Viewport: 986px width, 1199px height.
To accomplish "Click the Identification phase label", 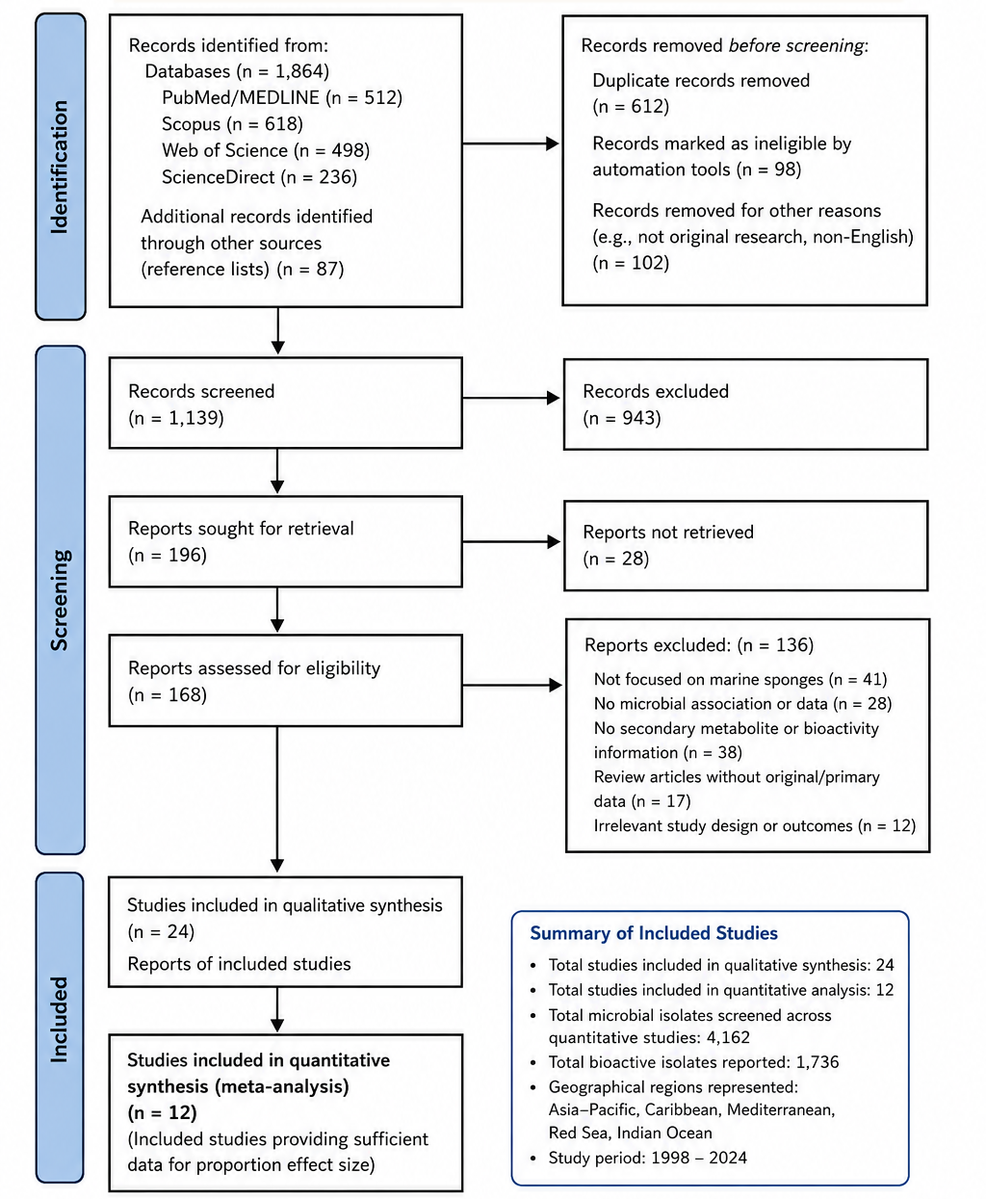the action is [60, 168].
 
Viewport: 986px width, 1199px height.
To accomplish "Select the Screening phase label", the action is [60, 599].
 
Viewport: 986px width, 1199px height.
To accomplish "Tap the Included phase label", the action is [59, 1019].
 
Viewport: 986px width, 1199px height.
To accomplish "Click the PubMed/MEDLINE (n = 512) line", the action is [282, 98].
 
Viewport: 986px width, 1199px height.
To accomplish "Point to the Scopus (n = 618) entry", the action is [232, 124].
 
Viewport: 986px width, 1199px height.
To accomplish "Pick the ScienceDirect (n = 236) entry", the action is [259, 177].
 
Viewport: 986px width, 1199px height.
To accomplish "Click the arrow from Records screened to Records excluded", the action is [511, 398].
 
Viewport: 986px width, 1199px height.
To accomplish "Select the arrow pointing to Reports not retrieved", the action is [511, 542].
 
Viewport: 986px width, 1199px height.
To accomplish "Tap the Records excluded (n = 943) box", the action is [745, 404].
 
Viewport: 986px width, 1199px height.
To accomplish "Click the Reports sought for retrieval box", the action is [285, 541].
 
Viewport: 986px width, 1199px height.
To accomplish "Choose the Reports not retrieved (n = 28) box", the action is [746, 546].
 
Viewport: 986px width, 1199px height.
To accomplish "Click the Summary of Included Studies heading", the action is [654, 933].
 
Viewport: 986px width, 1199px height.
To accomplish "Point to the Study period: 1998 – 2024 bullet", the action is [647, 1158].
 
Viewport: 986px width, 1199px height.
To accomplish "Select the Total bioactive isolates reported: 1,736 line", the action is [693, 1062].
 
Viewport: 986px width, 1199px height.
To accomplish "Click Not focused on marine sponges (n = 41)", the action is [739, 679].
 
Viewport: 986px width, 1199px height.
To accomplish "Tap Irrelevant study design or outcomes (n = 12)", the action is [755, 825].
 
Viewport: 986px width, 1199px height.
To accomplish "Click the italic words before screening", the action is [796, 45].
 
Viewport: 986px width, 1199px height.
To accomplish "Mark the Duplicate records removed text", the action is [701, 81].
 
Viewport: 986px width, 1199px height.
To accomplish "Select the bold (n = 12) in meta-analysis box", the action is [162, 1112].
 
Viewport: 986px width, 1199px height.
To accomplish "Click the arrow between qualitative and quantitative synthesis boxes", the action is [277, 1010].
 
